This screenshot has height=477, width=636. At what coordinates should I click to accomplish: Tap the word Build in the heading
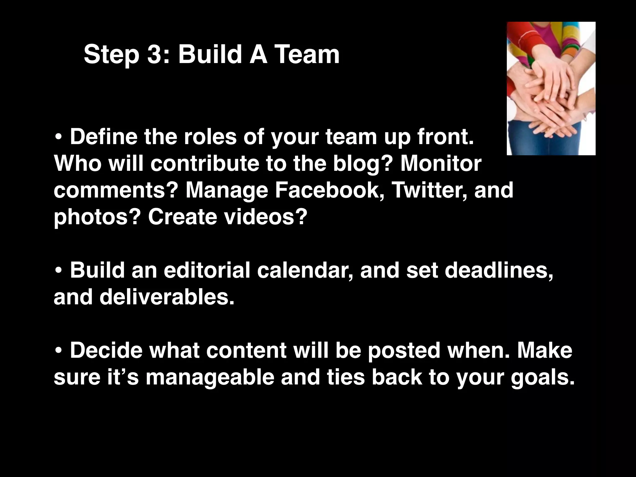click(x=210, y=55)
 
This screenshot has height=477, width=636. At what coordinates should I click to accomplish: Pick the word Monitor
click(x=441, y=163)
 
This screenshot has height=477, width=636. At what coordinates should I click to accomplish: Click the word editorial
click(x=207, y=270)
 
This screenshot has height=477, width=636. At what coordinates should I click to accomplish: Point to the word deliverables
click(x=166, y=297)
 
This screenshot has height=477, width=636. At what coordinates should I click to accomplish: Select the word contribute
click(x=205, y=163)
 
